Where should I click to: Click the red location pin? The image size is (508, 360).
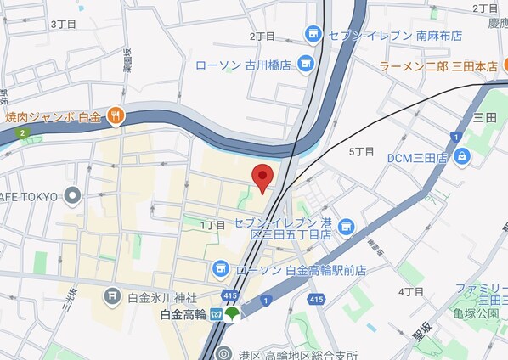(263, 177)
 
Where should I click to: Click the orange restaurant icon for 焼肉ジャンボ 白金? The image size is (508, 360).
(116, 115)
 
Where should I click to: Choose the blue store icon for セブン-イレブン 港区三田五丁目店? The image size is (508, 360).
(345, 227)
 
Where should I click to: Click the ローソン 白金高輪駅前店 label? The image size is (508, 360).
(302, 270)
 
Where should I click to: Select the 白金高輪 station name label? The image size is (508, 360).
(183, 314)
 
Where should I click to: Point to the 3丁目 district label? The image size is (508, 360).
(64, 24)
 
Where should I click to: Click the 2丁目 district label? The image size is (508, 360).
(262, 36)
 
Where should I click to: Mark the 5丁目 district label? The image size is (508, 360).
(361, 150)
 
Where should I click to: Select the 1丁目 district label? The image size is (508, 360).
(213, 224)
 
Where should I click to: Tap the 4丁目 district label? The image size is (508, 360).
(410, 291)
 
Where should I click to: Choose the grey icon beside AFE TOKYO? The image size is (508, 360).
(72, 196)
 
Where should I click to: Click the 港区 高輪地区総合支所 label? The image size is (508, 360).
(297, 354)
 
